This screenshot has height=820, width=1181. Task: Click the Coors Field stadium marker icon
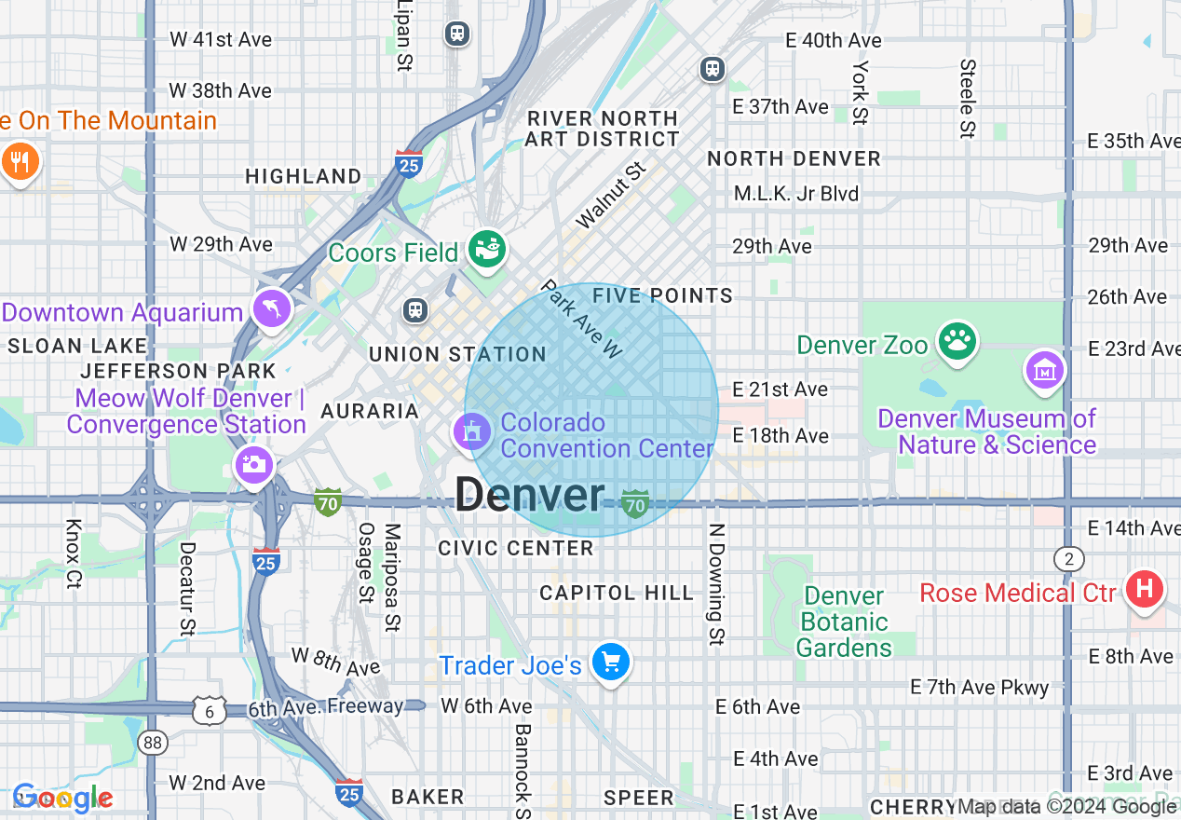486,249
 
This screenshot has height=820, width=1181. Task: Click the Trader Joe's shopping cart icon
611,663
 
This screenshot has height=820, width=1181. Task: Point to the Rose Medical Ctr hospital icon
1145,589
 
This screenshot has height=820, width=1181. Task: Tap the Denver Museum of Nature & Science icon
1044,370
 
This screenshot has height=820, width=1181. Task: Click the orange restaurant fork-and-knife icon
19,161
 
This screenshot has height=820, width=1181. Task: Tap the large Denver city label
530,494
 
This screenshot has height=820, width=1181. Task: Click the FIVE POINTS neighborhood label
663,295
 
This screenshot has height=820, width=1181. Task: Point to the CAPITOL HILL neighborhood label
617,593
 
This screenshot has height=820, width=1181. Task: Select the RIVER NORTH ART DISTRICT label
602,129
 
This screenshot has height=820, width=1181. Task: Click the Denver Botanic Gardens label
844,622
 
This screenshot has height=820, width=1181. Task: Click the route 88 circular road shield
152,742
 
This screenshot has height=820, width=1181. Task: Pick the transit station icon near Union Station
415,309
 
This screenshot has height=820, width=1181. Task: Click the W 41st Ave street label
221,39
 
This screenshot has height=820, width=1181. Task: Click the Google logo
62,798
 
